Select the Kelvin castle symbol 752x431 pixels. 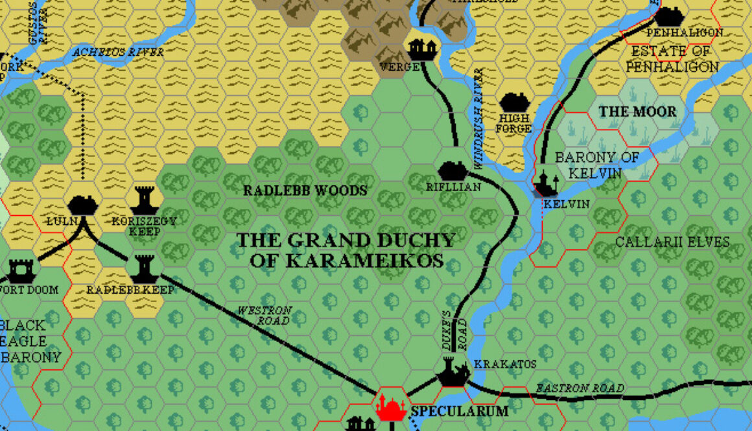click(546, 184)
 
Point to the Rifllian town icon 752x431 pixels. click(452, 170)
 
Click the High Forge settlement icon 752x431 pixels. click(515, 102)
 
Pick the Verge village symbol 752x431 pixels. click(422, 49)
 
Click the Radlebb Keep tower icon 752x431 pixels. click(144, 267)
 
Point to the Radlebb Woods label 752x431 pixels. click(305, 191)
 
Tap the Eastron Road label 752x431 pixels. click(580, 388)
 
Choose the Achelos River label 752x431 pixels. click(118, 52)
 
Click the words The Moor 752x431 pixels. click(637, 111)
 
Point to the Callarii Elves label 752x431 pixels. click(672, 242)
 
